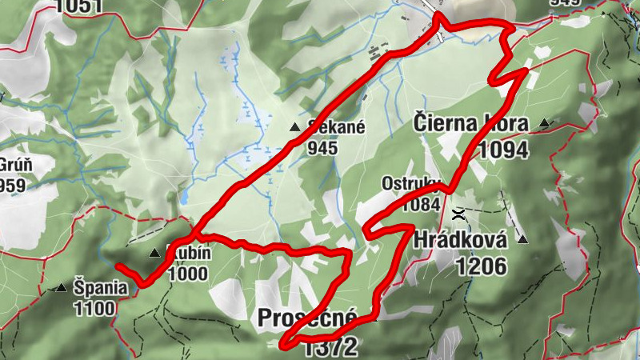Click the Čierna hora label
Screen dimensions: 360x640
[471, 123]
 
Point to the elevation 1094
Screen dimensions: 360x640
[503, 149]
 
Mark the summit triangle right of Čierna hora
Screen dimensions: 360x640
[545, 123]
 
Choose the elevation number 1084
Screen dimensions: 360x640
[421, 204]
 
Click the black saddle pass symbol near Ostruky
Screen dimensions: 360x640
[459, 214]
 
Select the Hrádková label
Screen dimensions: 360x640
[460, 239]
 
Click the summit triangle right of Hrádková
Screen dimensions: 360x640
[523, 239]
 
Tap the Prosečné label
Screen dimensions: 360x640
[306, 318]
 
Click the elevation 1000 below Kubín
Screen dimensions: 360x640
[188, 274]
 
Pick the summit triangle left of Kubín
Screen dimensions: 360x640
[154, 254]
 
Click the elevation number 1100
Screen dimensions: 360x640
[94, 307]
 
